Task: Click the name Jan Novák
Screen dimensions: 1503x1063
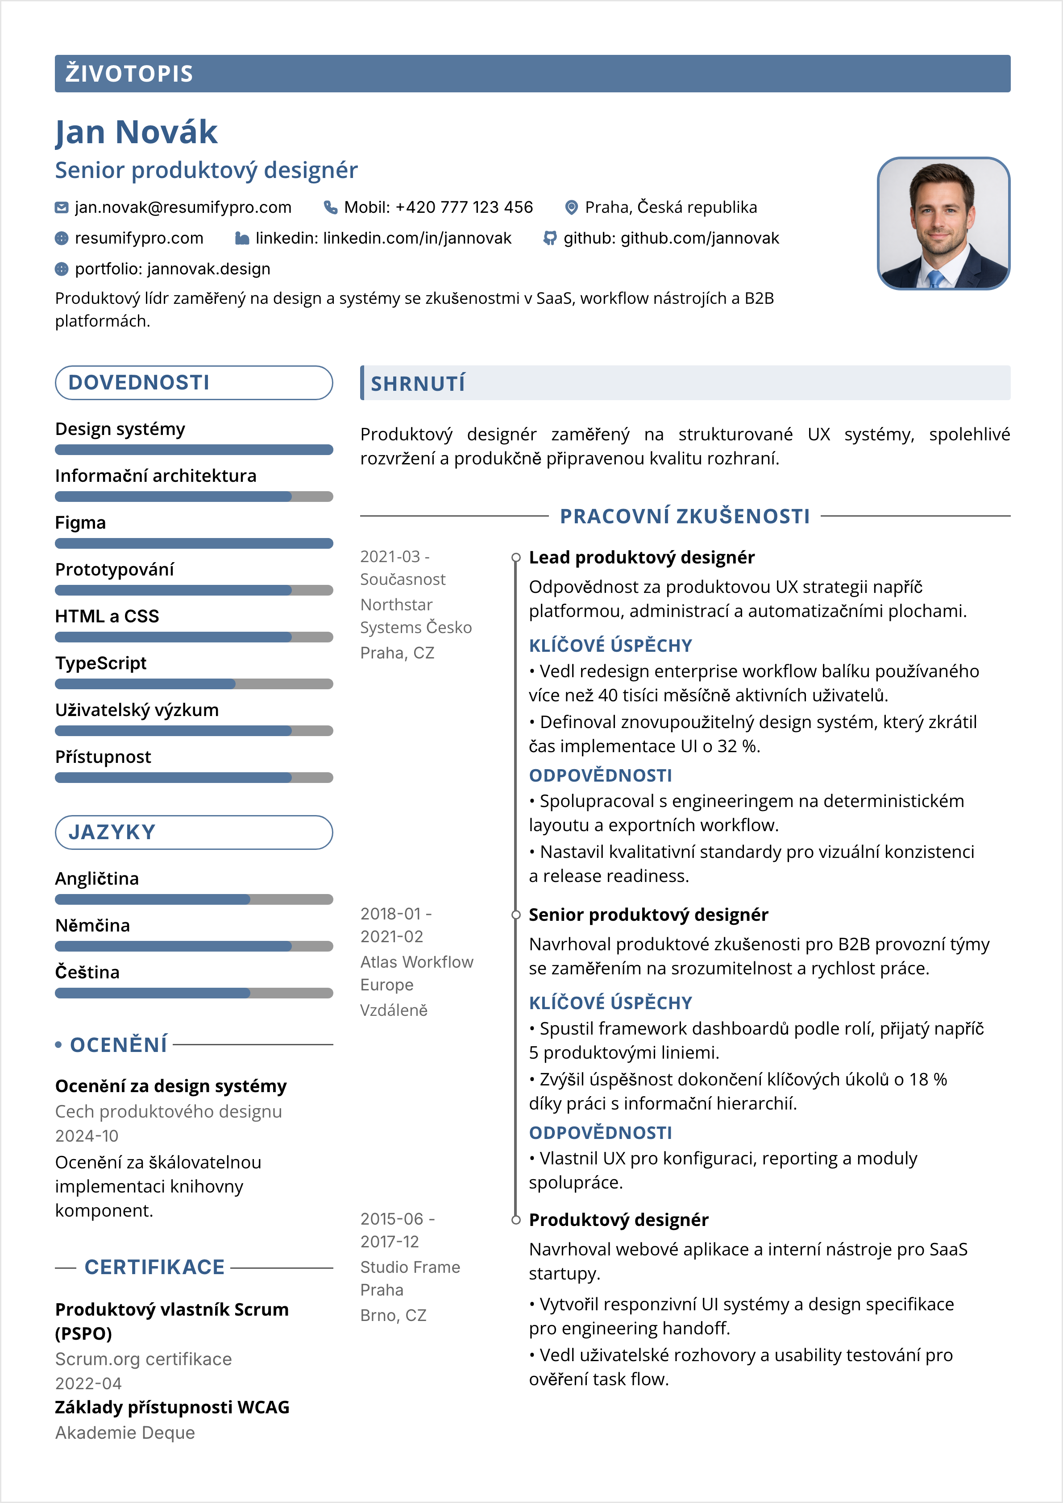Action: [136, 132]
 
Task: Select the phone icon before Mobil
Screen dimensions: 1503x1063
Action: [331, 207]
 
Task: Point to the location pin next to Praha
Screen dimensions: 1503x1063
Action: [571, 207]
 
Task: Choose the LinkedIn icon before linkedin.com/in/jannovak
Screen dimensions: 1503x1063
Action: [242, 238]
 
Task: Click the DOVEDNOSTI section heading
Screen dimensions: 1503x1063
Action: [139, 383]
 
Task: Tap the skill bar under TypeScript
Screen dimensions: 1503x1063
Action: [194, 684]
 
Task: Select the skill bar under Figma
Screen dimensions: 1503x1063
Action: [194, 543]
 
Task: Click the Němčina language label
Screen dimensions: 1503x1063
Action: [92, 926]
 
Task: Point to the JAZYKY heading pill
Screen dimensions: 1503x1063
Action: [194, 832]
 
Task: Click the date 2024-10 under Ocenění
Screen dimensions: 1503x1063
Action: [87, 1136]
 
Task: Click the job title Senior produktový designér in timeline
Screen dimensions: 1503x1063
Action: [648, 915]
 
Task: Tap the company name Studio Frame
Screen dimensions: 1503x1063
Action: [410, 1267]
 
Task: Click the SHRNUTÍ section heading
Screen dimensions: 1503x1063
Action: [418, 384]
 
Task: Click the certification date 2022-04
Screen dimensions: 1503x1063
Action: [88, 1383]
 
